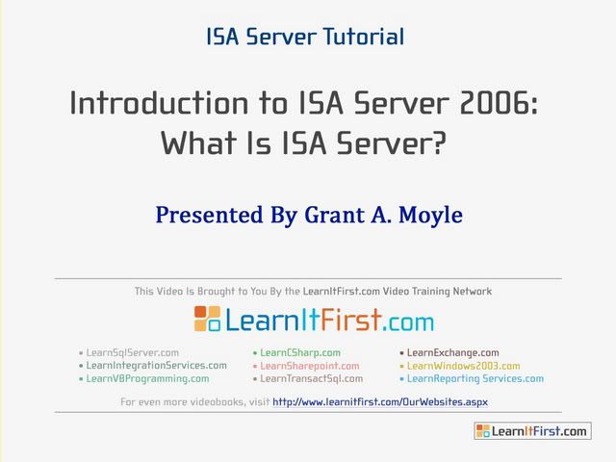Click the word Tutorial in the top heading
click(x=364, y=37)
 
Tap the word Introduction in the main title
click(x=159, y=103)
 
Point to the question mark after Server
click(x=439, y=142)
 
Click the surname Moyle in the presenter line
click(x=430, y=216)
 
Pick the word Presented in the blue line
click(x=210, y=215)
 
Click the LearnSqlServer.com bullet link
click(x=133, y=352)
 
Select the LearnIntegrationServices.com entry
click(x=156, y=366)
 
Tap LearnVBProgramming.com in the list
click(x=147, y=378)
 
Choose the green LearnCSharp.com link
click(x=300, y=353)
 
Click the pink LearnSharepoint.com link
click(x=310, y=366)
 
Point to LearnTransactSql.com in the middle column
click(x=312, y=378)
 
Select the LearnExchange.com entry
click(x=453, y=352)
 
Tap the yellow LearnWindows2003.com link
click(x=464, y=366)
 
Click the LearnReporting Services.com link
click(x=475, y=378)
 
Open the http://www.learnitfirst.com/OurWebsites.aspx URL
click(x=380, y=402)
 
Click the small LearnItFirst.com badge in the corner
click(x=532, y=431)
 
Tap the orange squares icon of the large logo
click(x=207, y=319)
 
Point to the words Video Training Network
click(x=437, y=291)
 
